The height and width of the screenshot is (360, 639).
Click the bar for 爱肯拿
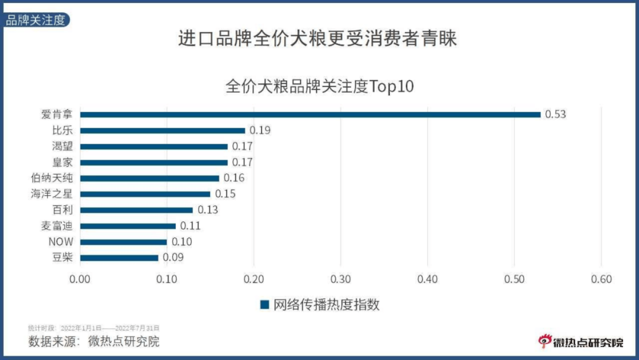tap(310, 114)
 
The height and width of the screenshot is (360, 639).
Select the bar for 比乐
tap(162, 130)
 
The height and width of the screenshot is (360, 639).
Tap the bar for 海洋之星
tap(145, 194)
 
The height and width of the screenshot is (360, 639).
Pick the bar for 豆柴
tap(119, 258)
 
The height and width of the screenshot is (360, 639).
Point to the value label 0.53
tap(555, 114)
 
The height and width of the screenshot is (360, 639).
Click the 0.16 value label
tap(233, 178)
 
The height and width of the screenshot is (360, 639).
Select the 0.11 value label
tap(190, 226)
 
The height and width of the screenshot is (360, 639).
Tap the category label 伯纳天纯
tap(51, 178)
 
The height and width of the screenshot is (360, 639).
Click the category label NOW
tap(60, 242)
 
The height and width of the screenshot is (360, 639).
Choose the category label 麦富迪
tap(56, 226)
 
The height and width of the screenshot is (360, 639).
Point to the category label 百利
tap(62, 210)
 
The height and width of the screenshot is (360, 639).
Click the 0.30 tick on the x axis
tap(340, 279)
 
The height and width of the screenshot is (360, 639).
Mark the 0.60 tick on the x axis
tap(601, 279)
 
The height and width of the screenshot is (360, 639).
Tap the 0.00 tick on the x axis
tap(80, 279)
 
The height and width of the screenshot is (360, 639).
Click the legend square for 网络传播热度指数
tap(264, 304)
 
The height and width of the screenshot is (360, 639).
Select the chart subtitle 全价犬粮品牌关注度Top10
tap(319, 86)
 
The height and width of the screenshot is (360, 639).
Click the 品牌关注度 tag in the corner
tap(35, 20)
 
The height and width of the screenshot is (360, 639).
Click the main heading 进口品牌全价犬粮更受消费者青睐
tap(317, 38)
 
